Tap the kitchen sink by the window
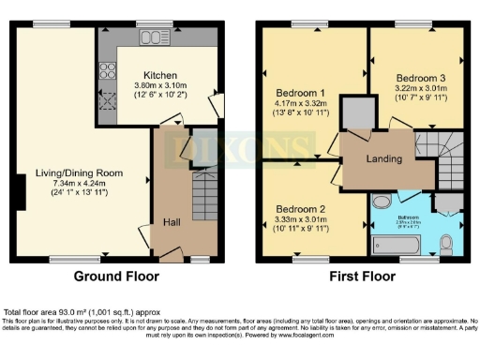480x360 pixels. pos(151,38)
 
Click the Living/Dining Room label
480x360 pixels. pos(80,172)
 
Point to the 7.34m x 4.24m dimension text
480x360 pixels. pos(80,183)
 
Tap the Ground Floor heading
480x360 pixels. pos(117,277)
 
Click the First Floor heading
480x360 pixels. pos(361,277)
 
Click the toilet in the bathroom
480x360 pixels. pos(445,244)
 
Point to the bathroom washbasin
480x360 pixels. pos(382,202)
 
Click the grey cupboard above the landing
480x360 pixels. pos(357,113)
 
